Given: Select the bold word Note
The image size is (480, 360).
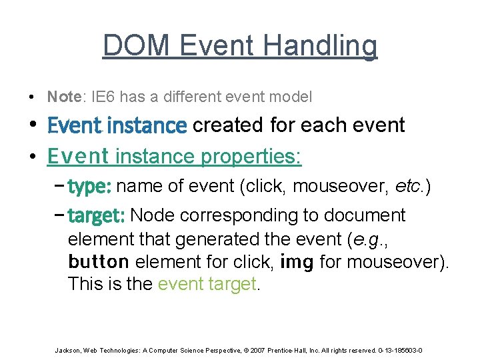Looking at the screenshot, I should point(63,97).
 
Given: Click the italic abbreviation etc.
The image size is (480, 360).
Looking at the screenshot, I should point(408,187).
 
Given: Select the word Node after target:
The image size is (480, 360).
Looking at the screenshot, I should point(151,215).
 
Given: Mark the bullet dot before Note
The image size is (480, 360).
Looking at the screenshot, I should point(32,97).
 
